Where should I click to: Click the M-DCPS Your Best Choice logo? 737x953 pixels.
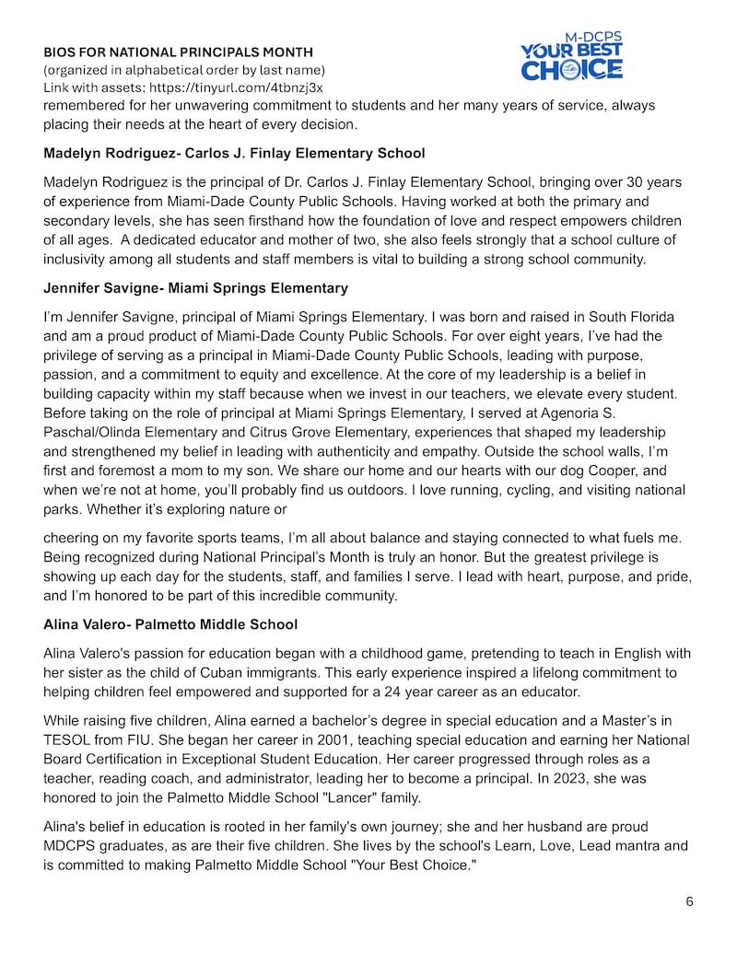click(x=571, y=56)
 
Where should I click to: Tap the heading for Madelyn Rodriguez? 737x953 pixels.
click(x=234, y=153)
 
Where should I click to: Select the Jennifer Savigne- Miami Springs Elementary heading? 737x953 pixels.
click(x=195, y=289)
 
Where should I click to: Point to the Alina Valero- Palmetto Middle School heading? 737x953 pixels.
click(x=170, y=624)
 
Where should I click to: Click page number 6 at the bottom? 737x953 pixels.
click(x=689, y=901)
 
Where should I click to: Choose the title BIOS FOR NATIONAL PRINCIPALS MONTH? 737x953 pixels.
click(x=178, y=52)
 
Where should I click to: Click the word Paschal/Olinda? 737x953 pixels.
click(x=92, y=432)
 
